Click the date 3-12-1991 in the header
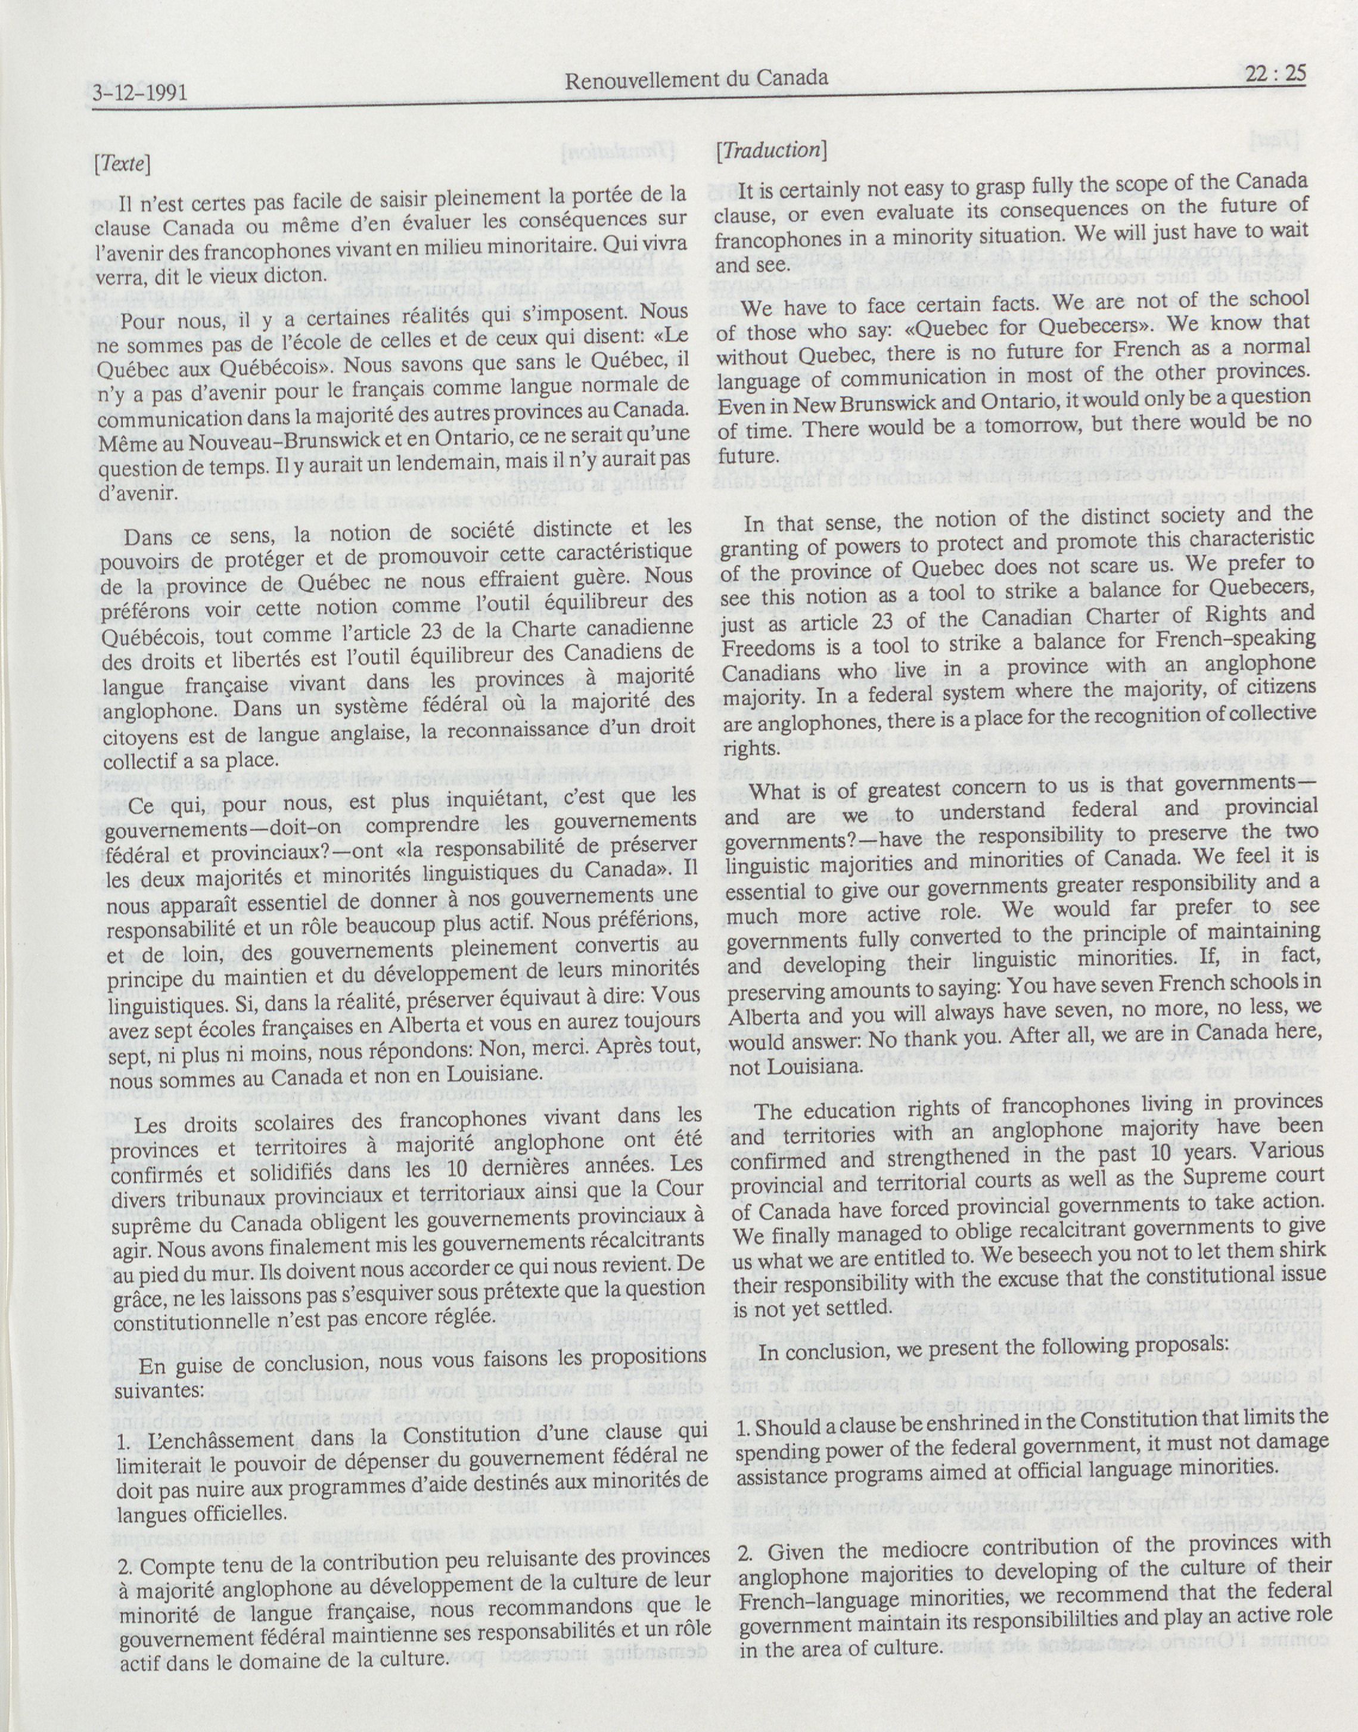click(140, 94)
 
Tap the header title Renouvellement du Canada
click(696, 78)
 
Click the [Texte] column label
click(122, 163)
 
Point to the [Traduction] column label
click(770, 150)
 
